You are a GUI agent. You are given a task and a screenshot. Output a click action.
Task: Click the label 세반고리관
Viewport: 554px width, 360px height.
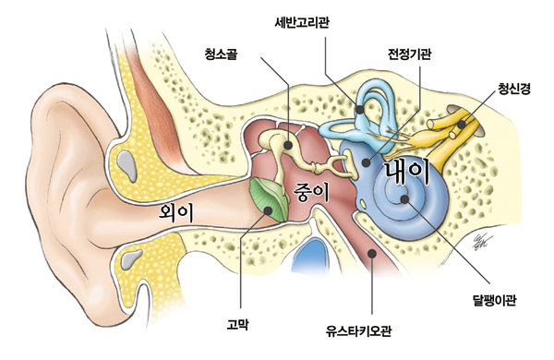[x=302, y=23]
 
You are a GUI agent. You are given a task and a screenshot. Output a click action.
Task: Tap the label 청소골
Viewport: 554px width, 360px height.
[x=222, y=54]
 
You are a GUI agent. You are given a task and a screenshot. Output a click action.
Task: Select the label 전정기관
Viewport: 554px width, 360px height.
[x=409, y=54]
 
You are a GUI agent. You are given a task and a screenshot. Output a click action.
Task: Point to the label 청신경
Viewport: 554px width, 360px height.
[x=514, y=89]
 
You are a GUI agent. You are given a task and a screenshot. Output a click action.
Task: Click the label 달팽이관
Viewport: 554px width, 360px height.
[x=494, y=300]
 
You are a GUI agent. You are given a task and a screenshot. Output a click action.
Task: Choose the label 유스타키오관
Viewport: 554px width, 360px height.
[x=358, y=331]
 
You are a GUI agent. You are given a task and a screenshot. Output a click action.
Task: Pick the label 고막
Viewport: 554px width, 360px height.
[x=237, y=324]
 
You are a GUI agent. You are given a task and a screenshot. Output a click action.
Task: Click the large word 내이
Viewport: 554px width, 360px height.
[x=407, y=172]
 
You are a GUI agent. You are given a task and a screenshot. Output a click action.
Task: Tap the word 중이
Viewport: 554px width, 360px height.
[x=311, y=193]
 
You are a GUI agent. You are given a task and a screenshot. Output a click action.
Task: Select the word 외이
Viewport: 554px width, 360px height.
[x=176, y=212]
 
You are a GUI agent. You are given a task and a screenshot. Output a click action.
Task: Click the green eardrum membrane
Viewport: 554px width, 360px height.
[x=269, y=199]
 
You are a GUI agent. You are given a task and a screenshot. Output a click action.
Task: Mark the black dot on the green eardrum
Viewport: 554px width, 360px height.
[x=268, y=210]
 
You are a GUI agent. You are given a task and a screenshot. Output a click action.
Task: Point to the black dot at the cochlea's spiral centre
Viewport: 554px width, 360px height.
[x=404, y=199]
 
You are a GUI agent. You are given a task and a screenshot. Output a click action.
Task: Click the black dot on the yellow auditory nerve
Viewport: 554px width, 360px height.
[x=461, y=125]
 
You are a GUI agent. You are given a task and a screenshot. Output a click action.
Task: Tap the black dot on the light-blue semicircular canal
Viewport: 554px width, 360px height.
[x=360, y=110]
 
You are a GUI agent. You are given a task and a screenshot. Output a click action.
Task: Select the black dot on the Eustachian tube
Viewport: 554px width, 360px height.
[x=372, y=253]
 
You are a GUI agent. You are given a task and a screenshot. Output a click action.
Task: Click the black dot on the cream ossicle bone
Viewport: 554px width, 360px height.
[x=288, y=145]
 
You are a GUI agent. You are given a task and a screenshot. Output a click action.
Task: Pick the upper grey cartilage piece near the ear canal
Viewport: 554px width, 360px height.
[x=128, y=165]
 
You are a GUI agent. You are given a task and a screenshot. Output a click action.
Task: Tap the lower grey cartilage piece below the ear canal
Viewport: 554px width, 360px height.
[x=131, y=258]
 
